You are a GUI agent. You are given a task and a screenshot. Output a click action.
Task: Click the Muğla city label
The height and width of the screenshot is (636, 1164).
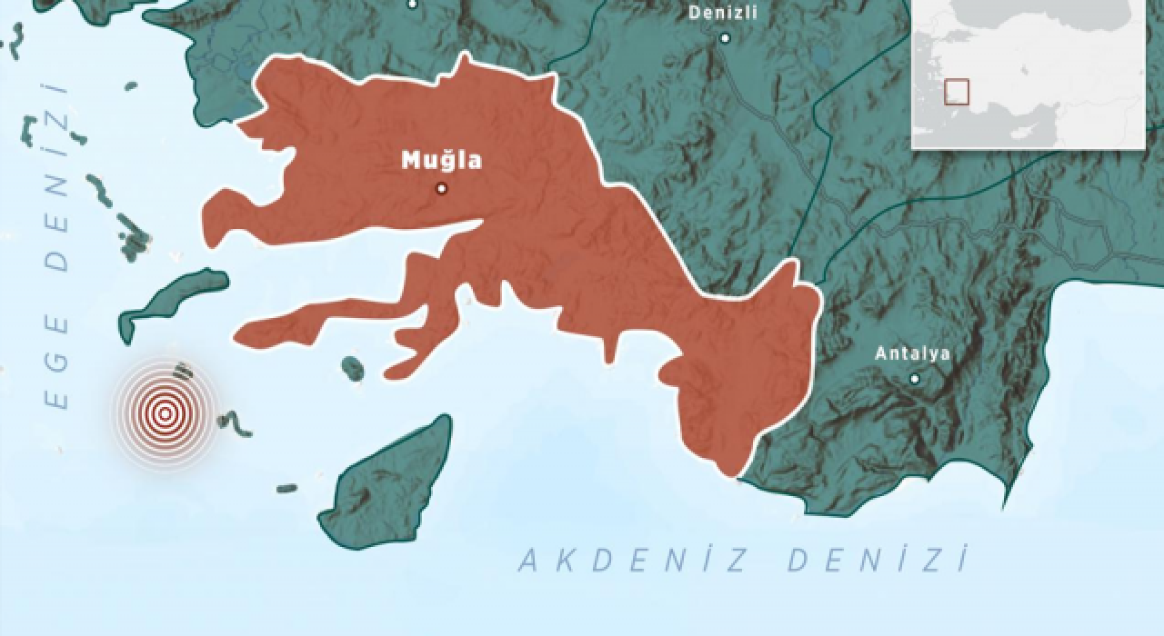tap(442, 162)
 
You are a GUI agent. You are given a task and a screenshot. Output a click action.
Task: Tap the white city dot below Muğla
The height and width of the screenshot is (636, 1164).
tap(441, 189)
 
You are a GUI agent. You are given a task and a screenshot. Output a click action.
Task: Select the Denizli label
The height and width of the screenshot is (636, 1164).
tap(723, 13)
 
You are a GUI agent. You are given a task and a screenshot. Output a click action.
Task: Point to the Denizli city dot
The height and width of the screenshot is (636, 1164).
tap(725, 38)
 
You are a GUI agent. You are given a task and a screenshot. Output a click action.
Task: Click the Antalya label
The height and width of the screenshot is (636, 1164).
tap(912, 354)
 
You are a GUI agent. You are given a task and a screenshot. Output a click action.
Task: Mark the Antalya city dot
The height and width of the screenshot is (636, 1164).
tap(915, 379)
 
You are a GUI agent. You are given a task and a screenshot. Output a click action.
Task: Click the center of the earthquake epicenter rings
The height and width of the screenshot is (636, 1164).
tap(165, 414)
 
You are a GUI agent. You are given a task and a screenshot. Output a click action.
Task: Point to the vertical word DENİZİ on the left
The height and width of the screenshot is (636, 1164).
tap(57, 177)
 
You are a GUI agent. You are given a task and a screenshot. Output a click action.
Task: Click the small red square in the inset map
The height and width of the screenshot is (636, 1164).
tap(957, 92)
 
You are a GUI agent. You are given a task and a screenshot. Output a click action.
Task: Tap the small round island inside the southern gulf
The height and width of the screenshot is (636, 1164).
tap(353, 368)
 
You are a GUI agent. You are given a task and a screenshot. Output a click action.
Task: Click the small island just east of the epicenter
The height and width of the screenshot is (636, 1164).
tap(227, 422)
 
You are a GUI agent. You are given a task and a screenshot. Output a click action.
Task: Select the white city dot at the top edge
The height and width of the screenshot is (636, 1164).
tap(413, 4)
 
